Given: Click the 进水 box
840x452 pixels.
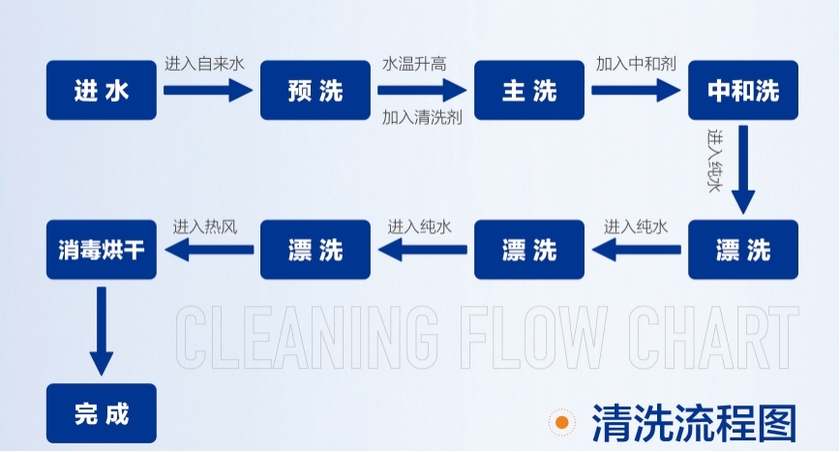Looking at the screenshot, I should [x=102, y=91].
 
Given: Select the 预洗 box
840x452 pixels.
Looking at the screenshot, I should [x=315, y=91].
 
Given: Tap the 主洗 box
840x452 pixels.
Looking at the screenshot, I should [x=529, y=91].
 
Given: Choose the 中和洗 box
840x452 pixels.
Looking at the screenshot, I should [x=743, y=91].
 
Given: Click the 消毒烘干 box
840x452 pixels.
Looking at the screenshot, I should [x=102, y=250].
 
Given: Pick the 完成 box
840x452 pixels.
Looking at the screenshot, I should [x=102, y=413].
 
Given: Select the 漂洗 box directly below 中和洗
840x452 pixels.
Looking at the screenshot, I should [x=743, y=250].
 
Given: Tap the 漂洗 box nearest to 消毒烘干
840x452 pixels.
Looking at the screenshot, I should [x=315, y=250].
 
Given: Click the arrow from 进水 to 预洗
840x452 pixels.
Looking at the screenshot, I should [x=207, y=91].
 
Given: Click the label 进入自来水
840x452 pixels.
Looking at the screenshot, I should [x=204, y=64].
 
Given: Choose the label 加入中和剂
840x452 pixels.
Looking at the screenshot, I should [x=635, y=64].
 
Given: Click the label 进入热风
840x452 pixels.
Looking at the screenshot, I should [x=205, y=226].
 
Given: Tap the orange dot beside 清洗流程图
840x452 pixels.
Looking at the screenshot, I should [x=560, y=423].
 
